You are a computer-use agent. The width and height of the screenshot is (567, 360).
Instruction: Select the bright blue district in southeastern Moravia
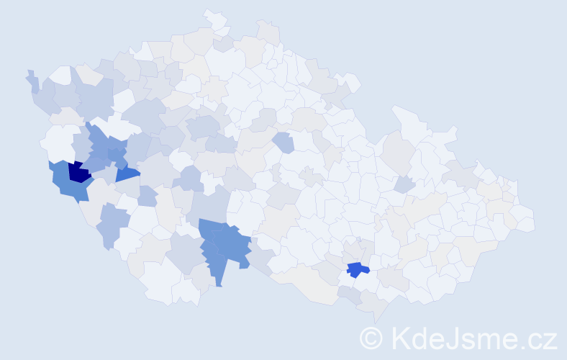[x=356, y=270]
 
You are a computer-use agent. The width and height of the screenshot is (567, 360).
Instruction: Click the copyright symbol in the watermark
[x=371, y=338]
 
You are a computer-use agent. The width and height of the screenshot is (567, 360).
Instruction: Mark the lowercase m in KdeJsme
[x=489, y=340]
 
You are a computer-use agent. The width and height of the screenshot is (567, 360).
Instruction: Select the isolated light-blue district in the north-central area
[x=283, y=142]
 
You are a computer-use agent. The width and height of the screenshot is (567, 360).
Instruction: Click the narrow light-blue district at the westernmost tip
[x=32, y=81]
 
